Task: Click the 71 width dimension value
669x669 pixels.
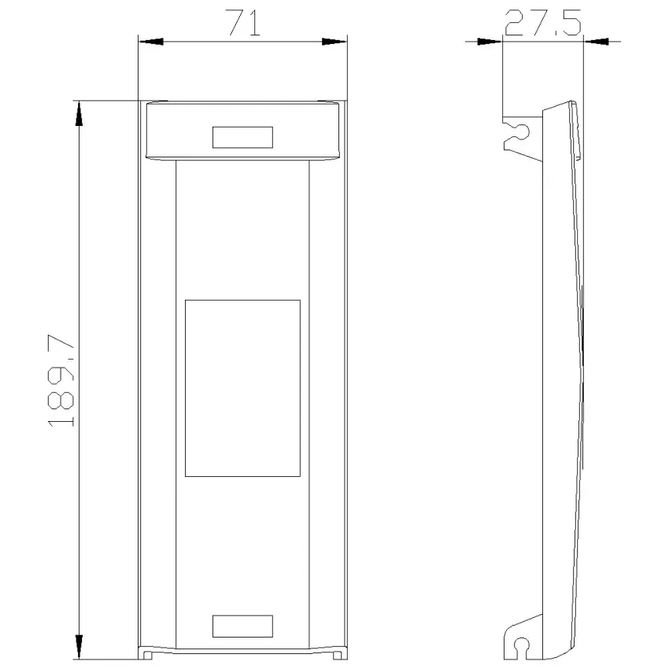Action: coord(244,23)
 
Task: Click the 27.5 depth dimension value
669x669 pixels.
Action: coord(542,22)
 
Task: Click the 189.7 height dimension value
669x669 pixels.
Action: coord(60,380)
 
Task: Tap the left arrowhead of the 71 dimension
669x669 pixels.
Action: coord(151,42)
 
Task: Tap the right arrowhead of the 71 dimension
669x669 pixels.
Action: coord(334,42)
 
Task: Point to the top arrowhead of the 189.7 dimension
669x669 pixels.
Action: coord(79,114)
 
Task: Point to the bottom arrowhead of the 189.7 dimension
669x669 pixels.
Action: coord(79,646)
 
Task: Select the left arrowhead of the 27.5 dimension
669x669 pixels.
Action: coord(490,42)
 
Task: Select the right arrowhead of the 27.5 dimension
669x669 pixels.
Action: coord(596,42)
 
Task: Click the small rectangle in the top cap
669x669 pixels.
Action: coord(242,138)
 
